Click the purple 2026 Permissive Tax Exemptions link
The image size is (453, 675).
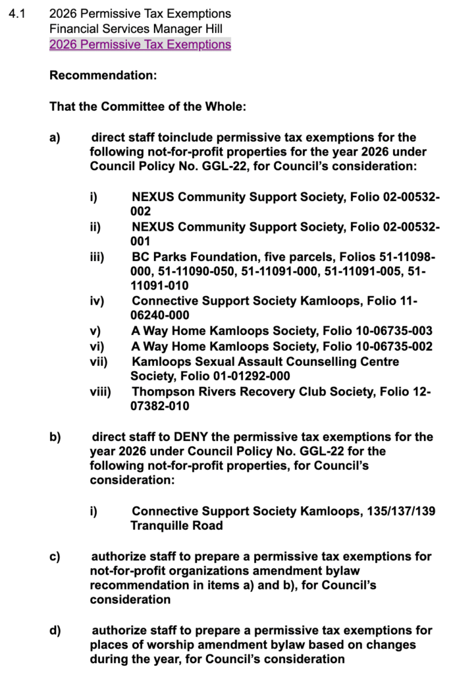(140, 45)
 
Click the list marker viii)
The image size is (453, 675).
(100, 392)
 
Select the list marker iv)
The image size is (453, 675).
(97, 301)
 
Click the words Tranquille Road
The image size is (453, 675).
(176, 526)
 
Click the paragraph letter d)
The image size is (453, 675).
(55, 631)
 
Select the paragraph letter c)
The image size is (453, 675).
(55, 556)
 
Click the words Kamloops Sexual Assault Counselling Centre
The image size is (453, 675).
(265, 362)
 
